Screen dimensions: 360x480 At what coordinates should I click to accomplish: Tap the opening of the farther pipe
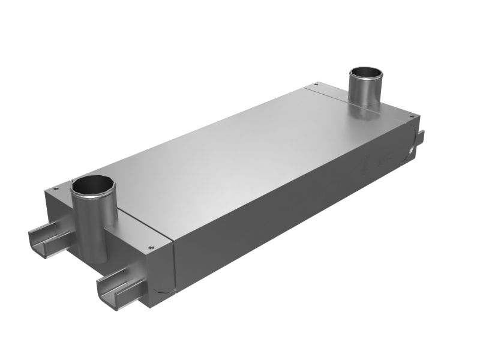coord(366,76)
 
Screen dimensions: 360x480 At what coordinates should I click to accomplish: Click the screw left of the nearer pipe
coord(56,188)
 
